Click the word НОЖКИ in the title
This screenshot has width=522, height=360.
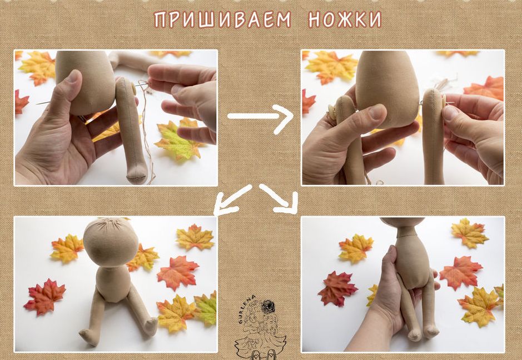click(345, 19)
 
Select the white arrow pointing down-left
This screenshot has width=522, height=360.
click(232, 199)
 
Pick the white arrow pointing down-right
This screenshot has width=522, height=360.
click(279, 199)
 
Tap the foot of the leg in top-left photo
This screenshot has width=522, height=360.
click(137, 173)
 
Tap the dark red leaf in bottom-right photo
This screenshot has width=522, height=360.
click(337, 288)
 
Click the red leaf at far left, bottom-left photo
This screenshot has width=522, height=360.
click(44, 296)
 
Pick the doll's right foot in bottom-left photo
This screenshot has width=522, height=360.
click(87, 337)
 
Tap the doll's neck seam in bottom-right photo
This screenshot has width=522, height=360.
click(406, 236)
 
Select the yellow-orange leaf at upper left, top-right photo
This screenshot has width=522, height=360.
click(331, 67)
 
